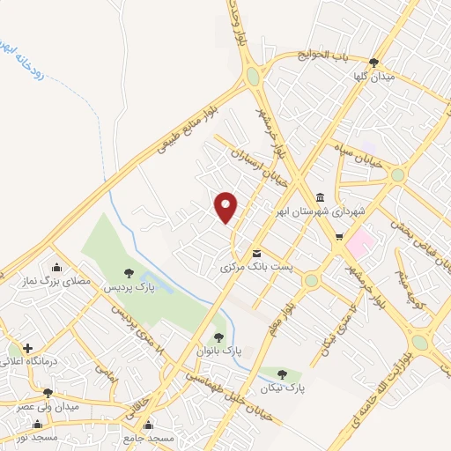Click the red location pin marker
[226, 206]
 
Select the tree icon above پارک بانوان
[218, 336]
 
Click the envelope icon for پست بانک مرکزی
[256, 251]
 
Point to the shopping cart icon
[339, 237]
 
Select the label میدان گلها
[373, 77]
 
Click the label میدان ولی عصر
[48, 407]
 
